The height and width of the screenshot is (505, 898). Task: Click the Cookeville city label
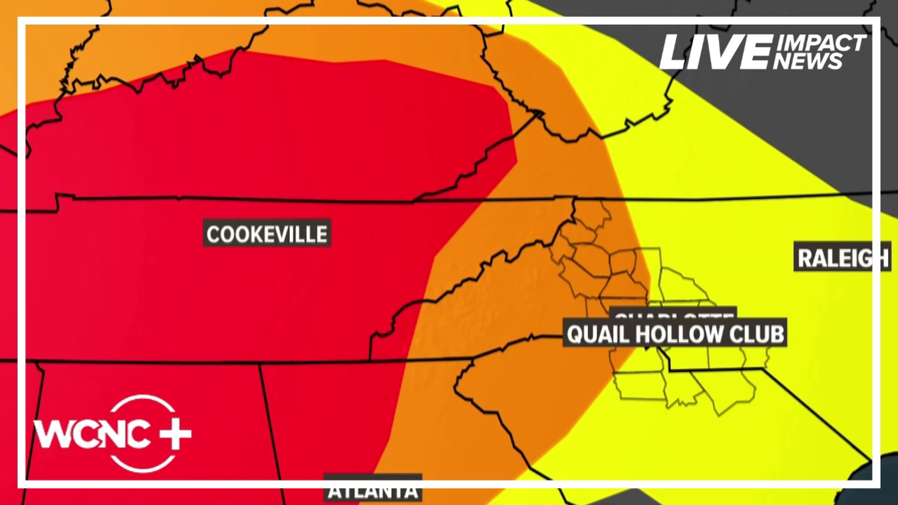(267, 233)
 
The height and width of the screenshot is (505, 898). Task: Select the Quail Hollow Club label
(674, 334)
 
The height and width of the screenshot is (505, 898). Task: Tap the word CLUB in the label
(757, 334)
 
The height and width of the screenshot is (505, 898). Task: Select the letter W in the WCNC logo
(51, 434)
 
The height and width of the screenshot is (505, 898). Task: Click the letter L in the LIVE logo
(675, 53)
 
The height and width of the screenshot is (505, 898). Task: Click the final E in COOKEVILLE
(321, 234)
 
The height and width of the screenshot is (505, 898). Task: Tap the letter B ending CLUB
(777, 334)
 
